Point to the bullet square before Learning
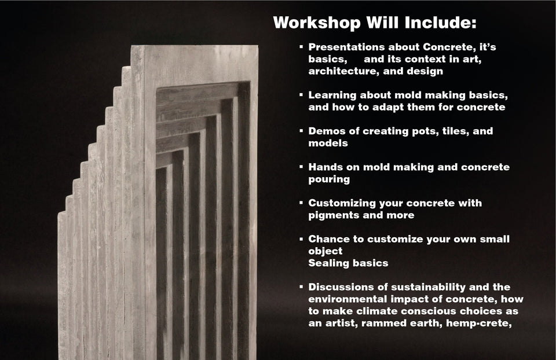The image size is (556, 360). [x=301, y=94]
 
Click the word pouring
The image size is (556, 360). [x=329, y=179]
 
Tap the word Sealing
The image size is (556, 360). [x=328, y=263]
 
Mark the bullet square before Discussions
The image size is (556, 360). [x=301, y=286]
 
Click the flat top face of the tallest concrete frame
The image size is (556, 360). [x=197, y=48]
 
